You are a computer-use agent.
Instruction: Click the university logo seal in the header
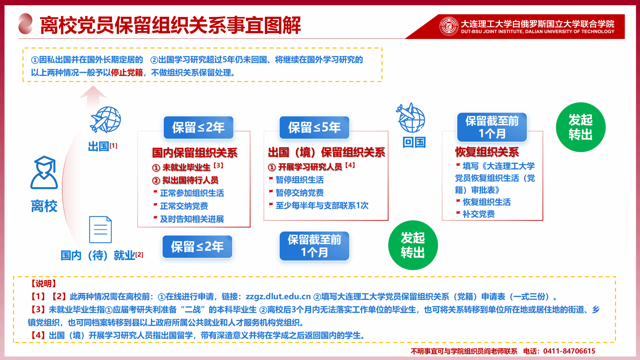pos(449,26)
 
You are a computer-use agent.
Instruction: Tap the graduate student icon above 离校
pos(44,172)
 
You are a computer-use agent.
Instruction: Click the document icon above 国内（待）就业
pos(100,230)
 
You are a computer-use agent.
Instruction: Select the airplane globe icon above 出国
pos(106,119)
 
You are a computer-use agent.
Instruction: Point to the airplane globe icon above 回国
pos(411,117)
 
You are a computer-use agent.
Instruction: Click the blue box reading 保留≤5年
pos(314,127)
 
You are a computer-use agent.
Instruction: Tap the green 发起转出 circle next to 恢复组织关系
pos(581,127)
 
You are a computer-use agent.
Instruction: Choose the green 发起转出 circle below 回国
pos(413,245)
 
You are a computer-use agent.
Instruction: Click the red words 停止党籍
pos(127,73)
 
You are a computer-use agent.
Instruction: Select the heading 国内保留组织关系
pos(195,153)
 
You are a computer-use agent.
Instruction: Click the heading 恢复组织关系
pos(487,152)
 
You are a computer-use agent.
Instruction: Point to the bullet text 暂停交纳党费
pos(300,193)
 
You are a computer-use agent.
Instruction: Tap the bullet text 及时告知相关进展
pos(192,219)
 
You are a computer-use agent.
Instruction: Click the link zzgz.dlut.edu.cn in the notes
pos(278,296)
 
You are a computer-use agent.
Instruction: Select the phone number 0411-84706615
pos(569,351)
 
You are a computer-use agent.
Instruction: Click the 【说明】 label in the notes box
pos(43,283)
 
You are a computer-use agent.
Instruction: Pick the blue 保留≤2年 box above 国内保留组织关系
pos(198,127)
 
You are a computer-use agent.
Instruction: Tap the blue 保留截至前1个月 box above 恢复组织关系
pos(492,127)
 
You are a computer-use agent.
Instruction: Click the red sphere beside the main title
pos(25,24)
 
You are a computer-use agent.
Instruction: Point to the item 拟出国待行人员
pos(185,180)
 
